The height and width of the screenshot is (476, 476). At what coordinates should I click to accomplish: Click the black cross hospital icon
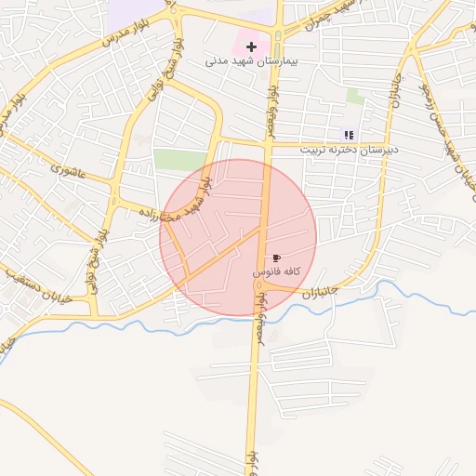(251, 46)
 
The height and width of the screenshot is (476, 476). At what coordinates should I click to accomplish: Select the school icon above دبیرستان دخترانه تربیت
(349, 135)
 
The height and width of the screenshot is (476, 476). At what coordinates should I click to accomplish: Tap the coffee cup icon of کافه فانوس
(276, 258)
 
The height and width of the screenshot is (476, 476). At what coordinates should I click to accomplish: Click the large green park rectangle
(179, 159)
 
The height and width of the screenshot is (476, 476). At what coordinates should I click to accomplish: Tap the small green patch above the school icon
(355, 96)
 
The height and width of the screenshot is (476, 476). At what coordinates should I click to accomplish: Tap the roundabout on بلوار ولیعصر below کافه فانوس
(259, 287)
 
